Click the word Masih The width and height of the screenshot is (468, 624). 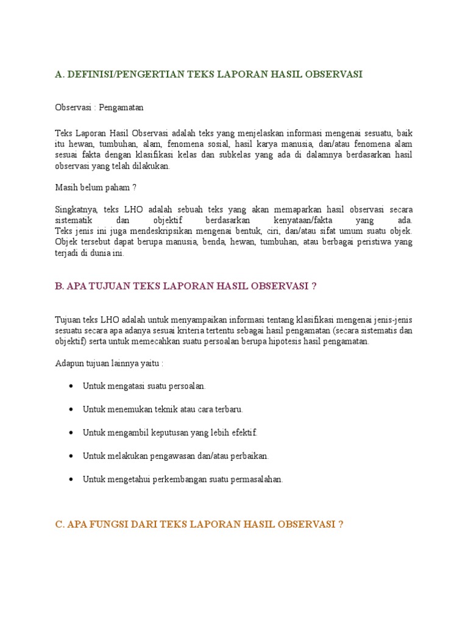coord(66,188)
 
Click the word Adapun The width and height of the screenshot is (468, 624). coord(68,364)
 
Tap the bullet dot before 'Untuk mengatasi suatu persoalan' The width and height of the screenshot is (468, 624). coord(72,386)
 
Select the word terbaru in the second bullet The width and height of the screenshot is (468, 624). coord(229,409)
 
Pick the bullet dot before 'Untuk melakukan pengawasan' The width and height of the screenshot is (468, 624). coord(72,455)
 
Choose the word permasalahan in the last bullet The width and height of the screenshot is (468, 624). coord(254,479)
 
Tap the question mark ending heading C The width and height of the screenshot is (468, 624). coord(341,524)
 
